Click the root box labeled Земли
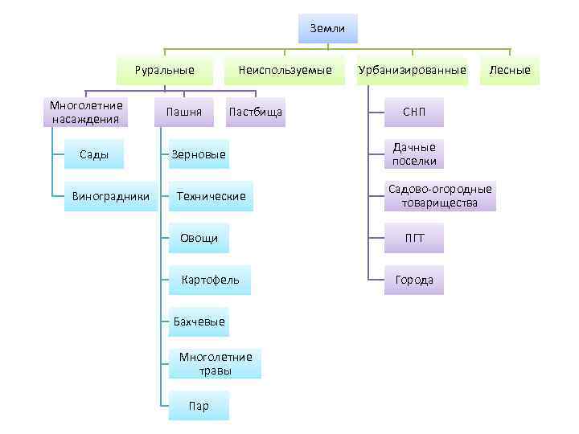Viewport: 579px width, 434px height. point(327,29)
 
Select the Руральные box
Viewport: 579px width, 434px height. point(165,70)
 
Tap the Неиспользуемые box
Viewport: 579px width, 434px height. point(285,70)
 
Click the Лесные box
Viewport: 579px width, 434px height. point(511,70)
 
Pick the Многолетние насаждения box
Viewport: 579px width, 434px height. point(86,113)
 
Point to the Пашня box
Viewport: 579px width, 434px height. point(183,112)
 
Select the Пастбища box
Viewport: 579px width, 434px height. point(256,112)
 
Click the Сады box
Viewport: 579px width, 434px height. point(94,154)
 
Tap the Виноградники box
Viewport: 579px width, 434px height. point(110,196)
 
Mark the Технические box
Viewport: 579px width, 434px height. point(211,196)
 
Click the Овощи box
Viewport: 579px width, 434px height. point(199,238)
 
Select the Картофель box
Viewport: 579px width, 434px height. point(210,280)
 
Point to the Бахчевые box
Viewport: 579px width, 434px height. point(199,321)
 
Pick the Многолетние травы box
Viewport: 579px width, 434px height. point(216,363)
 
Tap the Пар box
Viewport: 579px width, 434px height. point(199,406)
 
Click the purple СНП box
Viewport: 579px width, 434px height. point(414,112)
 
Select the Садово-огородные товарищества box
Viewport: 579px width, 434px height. point(440,196)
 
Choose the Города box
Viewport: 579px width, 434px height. point(414,280)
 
